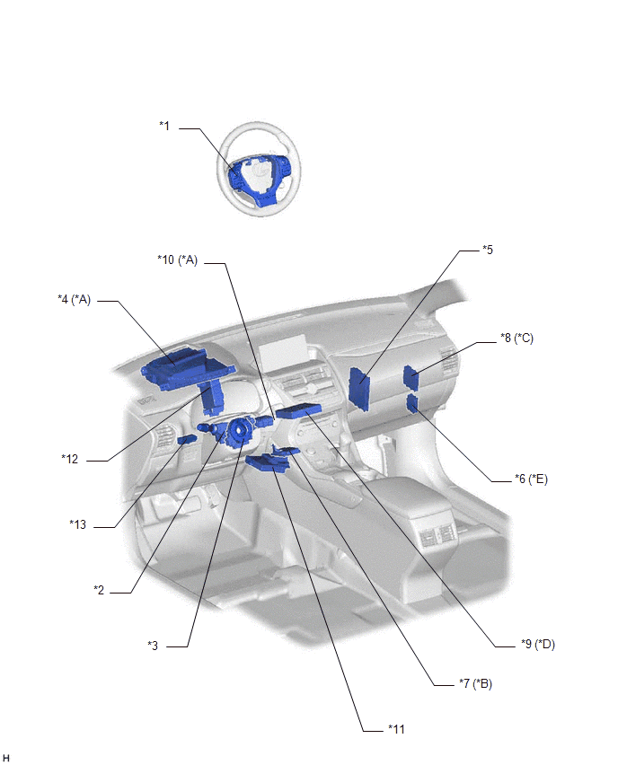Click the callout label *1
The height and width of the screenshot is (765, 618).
click(164, 126)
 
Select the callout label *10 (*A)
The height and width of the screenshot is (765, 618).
click(177, 260)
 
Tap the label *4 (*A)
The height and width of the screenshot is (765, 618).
click(75, 299)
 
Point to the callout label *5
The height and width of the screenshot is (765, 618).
click(488, 250)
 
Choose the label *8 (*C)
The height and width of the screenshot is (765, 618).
click(516, 338)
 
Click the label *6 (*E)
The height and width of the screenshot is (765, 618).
click(531, 479)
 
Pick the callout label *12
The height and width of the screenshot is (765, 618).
click(70, 459)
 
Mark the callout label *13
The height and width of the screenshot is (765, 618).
click(77, 524)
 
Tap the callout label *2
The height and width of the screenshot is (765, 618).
click(99, 590)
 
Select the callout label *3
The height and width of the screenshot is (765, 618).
click(153, 646)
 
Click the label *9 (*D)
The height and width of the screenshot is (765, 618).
click(538, 644)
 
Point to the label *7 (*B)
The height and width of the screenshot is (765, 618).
click(475, 683)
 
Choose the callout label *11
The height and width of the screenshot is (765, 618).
click(396, 729)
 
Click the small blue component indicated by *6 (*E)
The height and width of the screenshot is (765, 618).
click(412, 403)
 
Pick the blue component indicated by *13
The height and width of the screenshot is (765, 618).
click(187, 440)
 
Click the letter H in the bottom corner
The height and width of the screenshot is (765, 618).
click(6, 757)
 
